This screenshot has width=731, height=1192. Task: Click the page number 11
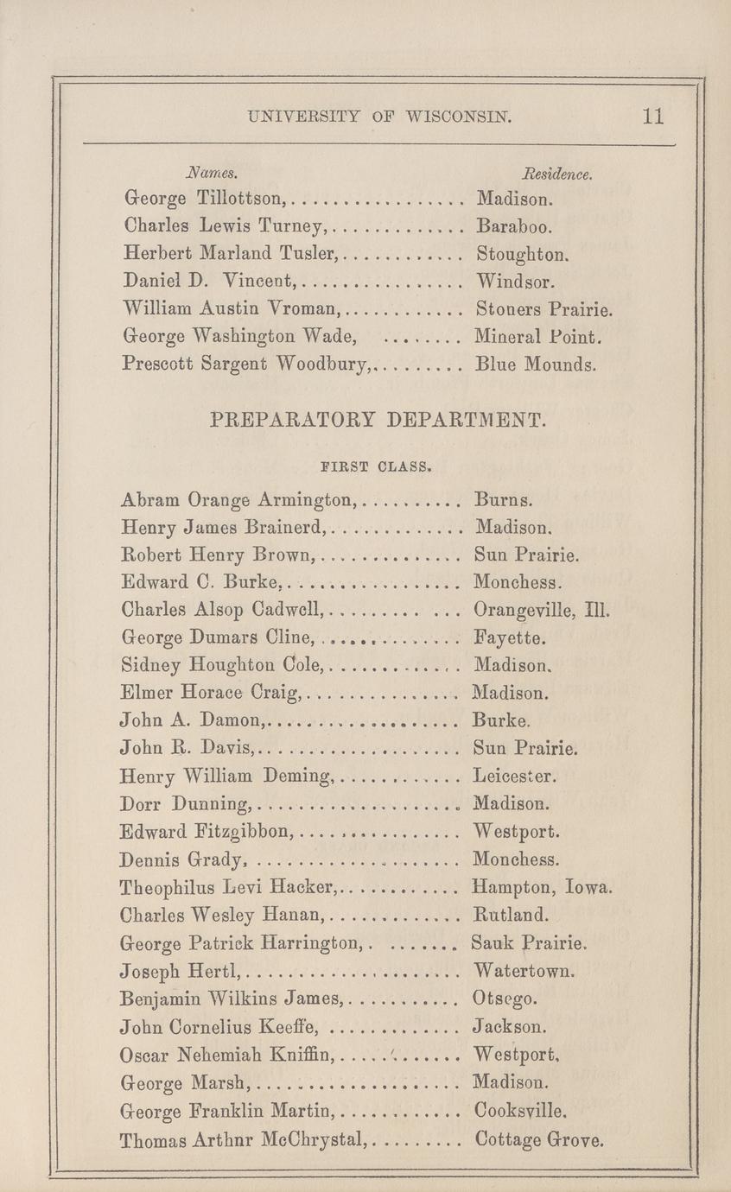click(653, 117)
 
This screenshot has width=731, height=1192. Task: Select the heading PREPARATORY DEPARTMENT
click(378, 422)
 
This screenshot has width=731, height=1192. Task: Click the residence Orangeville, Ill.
click(543, 612)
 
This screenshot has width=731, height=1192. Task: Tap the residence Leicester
click(515, 777)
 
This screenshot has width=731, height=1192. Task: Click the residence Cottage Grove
click(540, 1138)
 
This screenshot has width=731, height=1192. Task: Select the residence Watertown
click(524, 971)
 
